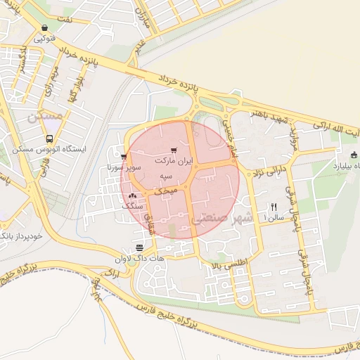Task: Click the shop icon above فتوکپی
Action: pos(44,29)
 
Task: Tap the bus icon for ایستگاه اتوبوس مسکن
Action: pos(50,139)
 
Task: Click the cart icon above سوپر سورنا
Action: pos(123,157)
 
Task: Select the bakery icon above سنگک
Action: pos(132,196)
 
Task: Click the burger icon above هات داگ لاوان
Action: pos(139,247)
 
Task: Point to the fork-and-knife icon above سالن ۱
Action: pos(274,207)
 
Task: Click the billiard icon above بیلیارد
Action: pos(353,155)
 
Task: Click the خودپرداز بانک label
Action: pos(21,235)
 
